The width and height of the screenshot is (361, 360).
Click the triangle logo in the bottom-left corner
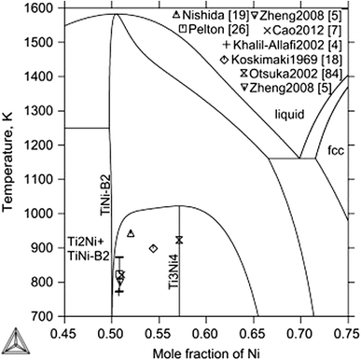[x=11, y=345]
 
